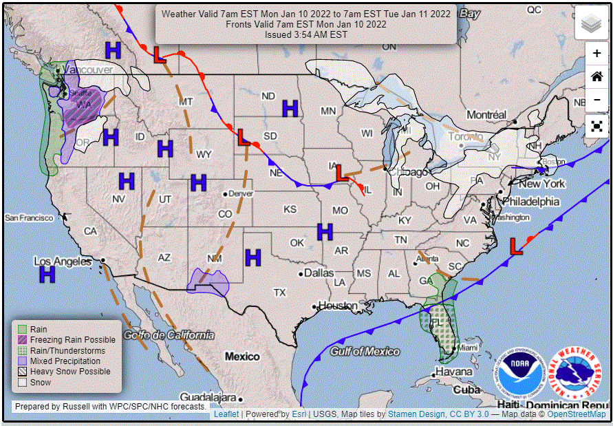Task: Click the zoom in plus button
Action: click(596, 53)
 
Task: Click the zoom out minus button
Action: click(596, 99)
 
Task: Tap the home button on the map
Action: click(596, 76)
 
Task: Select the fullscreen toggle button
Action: click(596, 126)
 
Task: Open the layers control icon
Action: click(591, 24)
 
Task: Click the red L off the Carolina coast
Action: click(516, 246)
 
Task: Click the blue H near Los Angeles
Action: click(47, 274)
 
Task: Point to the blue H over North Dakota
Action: click(290, 108)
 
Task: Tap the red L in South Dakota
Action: click(243, 137)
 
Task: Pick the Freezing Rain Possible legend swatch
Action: click(22, 340)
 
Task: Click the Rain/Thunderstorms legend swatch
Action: click(22, 350)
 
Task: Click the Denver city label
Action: click(240, 194)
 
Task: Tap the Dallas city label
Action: click(319, 273)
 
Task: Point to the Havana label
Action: click(453, 372)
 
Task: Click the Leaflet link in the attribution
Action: click(226, 414)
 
